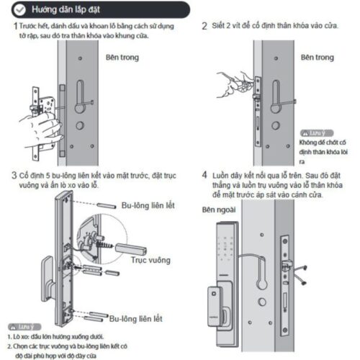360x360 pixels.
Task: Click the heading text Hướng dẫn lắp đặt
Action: coord(59,9)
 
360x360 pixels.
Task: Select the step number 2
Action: coord(204,26)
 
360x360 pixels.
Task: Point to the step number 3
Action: coord(15,175)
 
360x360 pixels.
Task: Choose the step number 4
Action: coord(205,175)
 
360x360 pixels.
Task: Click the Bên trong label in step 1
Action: coord(125,55)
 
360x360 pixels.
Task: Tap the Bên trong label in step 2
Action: coord(317,56)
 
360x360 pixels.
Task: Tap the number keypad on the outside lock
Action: coord(228,244)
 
